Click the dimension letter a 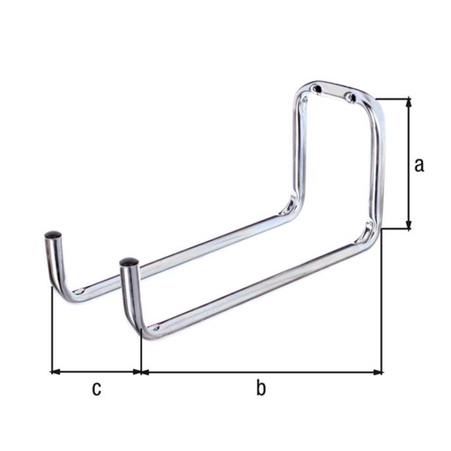[419, 165]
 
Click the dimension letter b [261, 389]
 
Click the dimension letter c [96, 389]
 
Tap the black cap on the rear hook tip [53, 235]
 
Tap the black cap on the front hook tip [129, 261]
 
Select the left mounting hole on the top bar [317, 89]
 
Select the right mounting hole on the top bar [350, 97]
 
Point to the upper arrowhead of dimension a [408, 103]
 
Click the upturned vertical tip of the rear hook [54, 260]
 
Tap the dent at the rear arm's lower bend [292, 199]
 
